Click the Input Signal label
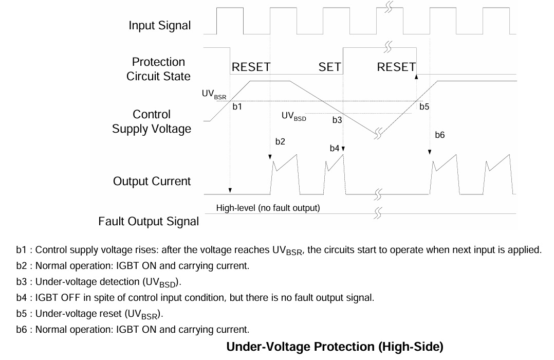click(x=159, y=26)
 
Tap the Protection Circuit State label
click(x=158, y=69)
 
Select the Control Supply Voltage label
click(x=152, y=122)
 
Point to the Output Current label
click(x=152, y=181)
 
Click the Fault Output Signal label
click(x=149, y=221)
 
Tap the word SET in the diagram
click(x=329, y=67)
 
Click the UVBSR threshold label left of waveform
click(x=214, y=95)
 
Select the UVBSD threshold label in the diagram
click(x=293, y=116)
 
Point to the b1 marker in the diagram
click(x=237, y=106)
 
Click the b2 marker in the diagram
click(x=280, y=141)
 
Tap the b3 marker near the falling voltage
click(x=337, y=120)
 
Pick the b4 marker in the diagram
click(x=334, y=148)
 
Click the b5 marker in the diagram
click(x=424, y=106)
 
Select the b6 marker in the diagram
click(x=439, y=135)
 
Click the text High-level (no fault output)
click(x=268, y=208)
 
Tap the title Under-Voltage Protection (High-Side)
click(x=335, y=347)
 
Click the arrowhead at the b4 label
click(x=343, y=149)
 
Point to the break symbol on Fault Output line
click(x=378, y=213)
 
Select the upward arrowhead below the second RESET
click(x=416, y=77)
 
